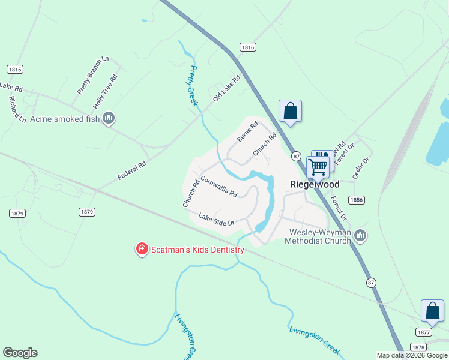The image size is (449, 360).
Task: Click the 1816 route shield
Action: click(x=248, y=47)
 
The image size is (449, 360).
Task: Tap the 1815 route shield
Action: click(x=15, y=70)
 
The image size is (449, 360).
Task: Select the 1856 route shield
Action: click(x=356, y=200)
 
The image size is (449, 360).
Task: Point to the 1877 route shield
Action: click(x=423, y=332)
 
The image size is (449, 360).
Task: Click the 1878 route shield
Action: click(x=418, y=347)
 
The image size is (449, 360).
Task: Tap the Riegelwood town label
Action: click(x=315, y=185)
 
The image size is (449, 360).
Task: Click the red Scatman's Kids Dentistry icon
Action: click(x=142, y=248)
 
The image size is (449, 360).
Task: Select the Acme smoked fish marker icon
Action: click(x=109, y=118)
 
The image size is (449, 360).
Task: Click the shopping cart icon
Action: click(x=318, y=166)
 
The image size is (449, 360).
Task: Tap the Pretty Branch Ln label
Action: click(x=93, y=75)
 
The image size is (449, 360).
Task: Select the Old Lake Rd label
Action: click(x=226, y=88)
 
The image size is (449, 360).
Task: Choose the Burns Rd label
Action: click(x=247, y=131)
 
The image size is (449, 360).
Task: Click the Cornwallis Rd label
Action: click(x=218, y=186)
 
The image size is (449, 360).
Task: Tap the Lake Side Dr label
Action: click(x=215, y=220)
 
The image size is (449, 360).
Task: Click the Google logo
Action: click(x=20, y=353)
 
